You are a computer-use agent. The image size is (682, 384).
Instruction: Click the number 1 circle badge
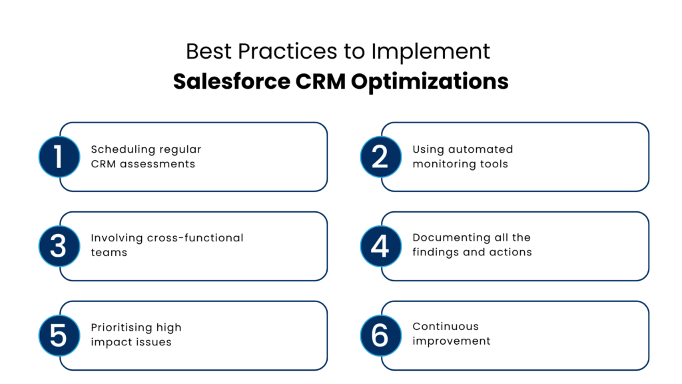[59, 157]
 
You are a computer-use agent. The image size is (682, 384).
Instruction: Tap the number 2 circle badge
[380, 157]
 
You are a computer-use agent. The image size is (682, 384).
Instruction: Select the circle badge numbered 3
[59, 246]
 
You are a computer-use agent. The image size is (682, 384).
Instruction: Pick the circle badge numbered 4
[380, 246]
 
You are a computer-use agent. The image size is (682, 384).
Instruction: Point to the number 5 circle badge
[59, 335]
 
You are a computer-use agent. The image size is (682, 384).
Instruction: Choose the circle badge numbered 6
[380, 335]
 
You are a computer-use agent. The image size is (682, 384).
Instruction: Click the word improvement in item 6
[452, 341]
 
